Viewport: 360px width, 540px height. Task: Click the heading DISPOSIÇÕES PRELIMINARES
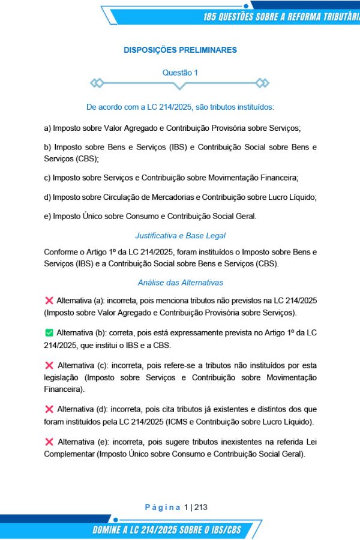180,50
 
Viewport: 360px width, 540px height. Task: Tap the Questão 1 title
180,73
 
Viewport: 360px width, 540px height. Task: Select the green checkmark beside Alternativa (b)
49,332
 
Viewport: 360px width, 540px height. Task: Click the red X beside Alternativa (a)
49,299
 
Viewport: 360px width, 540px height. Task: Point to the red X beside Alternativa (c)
49,365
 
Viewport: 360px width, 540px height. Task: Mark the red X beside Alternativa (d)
49,409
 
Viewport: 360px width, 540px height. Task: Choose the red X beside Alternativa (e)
49,442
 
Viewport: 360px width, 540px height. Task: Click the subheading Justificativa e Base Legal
180,236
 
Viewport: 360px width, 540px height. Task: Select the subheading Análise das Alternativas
180,283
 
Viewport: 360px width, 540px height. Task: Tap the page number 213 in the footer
200,507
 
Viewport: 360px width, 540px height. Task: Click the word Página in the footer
163,507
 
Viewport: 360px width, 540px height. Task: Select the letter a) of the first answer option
47,128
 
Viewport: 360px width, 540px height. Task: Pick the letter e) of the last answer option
47,216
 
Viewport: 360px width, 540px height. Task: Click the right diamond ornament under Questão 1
262,83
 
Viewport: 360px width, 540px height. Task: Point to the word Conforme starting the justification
61,251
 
